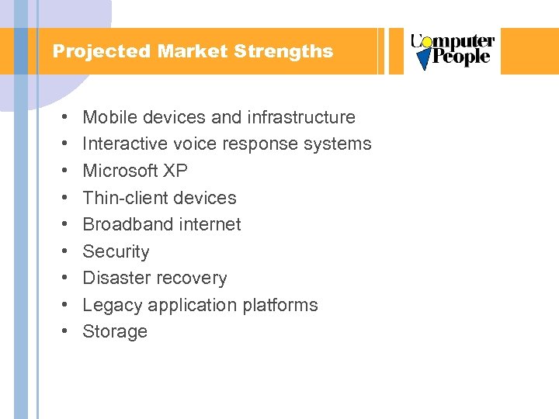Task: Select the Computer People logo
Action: [x=452, y=51]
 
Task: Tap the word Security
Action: [x=116, y=251]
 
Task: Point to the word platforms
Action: [x=280, y=305]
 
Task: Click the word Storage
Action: [x=115, y=331]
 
